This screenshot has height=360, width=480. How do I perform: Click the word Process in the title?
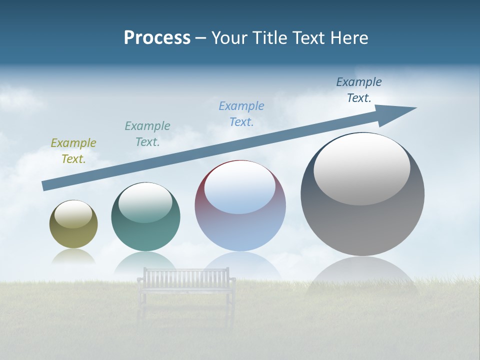pyautogui.click(x=157, y=38)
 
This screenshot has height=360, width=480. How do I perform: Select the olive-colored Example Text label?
pyautogui.click(x=73, y=150)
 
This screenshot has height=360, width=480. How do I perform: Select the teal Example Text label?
pyautogui.click(x=147, y=133)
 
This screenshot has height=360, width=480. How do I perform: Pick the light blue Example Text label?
pyautogui.click(x=241, y=113)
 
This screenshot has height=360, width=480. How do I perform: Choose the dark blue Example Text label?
pyautogui.click(x=359, y=89)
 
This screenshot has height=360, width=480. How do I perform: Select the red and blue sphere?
pyautogui.click(x=240, y=225)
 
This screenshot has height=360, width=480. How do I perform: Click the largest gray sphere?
pyautogui.click(x=362, y=220)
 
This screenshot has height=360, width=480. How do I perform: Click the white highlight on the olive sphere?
pyautogui.click(x=73, y=214)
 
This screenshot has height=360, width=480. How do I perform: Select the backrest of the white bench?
pyautogui.click(x=186, y=275)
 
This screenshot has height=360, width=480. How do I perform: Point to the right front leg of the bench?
pyautogui.click(x=231, y=310)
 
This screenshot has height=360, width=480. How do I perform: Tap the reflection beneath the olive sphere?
pyautogui.click(x=73, y=257)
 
